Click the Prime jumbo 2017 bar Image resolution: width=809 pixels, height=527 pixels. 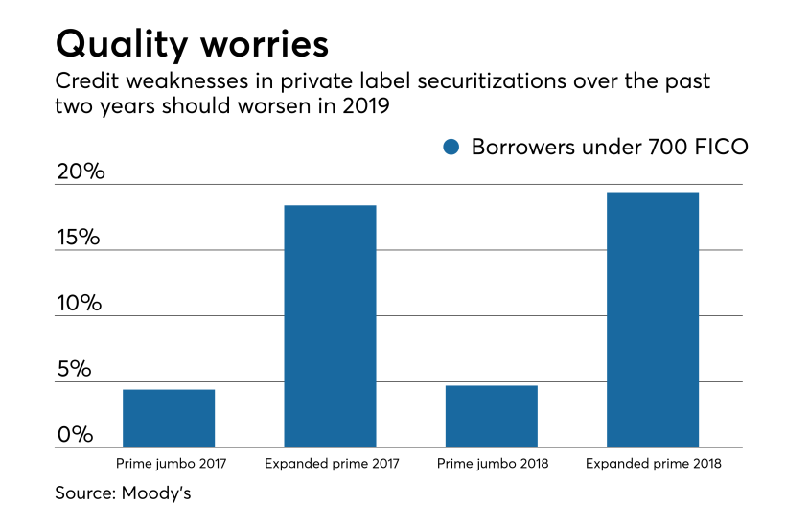[169, 418]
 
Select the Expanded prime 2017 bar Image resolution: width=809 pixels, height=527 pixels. [330, 326]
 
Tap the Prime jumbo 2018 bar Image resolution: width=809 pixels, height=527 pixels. [492, 416]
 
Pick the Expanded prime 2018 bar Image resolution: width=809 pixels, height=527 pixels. [653, 319]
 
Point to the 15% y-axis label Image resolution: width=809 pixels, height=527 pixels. [78, 238]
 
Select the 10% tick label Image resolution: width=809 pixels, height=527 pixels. [78, 304]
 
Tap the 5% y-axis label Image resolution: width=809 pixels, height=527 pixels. [73, 370]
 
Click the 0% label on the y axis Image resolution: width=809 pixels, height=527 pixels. [74, 435]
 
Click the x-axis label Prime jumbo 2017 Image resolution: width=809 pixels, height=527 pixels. [169, 464]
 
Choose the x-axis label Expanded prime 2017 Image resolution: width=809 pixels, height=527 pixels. [331, 464]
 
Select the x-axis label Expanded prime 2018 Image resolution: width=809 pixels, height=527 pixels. [654, 464]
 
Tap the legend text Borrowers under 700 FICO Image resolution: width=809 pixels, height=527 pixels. [610, 147]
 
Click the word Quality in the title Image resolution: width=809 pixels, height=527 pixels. [120, 44]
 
